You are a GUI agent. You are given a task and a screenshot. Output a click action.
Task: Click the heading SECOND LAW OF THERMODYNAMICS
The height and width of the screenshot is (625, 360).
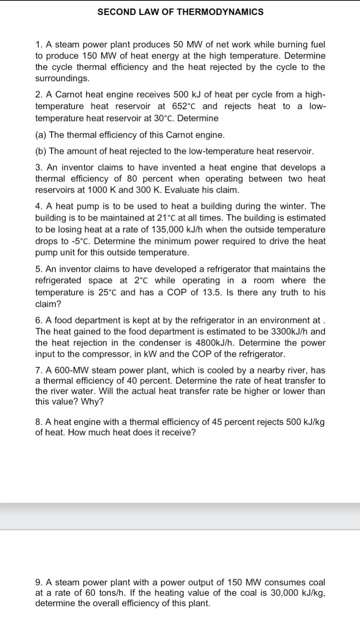pos(180,12)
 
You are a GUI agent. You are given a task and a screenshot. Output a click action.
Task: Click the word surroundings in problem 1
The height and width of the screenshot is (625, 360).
pos(62,78)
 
